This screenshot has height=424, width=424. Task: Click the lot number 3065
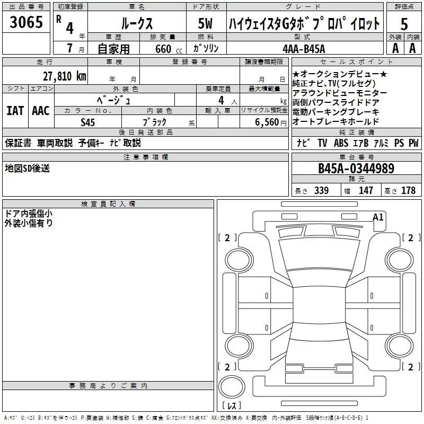click(x=26, y=22)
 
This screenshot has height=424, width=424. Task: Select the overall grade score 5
click(x=404, y=24)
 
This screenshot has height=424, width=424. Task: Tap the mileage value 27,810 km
click(x=64, y=76)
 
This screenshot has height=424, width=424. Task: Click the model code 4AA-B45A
click(x=304, y=49)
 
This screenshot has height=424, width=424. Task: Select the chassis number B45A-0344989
click(x=356, y=169)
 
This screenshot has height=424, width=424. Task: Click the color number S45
click(x=87, y=122)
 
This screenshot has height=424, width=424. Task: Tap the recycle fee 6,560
click(x=267, y=122)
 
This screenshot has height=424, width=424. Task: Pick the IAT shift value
click(x=15, y=111)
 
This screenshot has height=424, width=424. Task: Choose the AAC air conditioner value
click(x=41, y=111)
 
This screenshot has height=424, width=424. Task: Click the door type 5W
click(x=205, y=23)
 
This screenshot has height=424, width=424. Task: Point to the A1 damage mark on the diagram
click(x=378, y=217)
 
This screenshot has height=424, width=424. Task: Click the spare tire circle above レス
click(x=232, y=386)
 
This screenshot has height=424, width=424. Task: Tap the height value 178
click(x=408, y=190)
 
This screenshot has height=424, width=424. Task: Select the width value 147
click(x=366, y=190)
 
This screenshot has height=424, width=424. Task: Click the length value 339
click(x=322, y=190)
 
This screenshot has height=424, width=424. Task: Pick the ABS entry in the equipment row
click(x=341, y=143)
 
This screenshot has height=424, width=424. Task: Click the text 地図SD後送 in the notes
click(x=28, y=168)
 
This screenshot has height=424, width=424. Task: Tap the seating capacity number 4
click(x=221, y=100)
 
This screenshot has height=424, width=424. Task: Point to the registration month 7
click(x=70, y=48)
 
